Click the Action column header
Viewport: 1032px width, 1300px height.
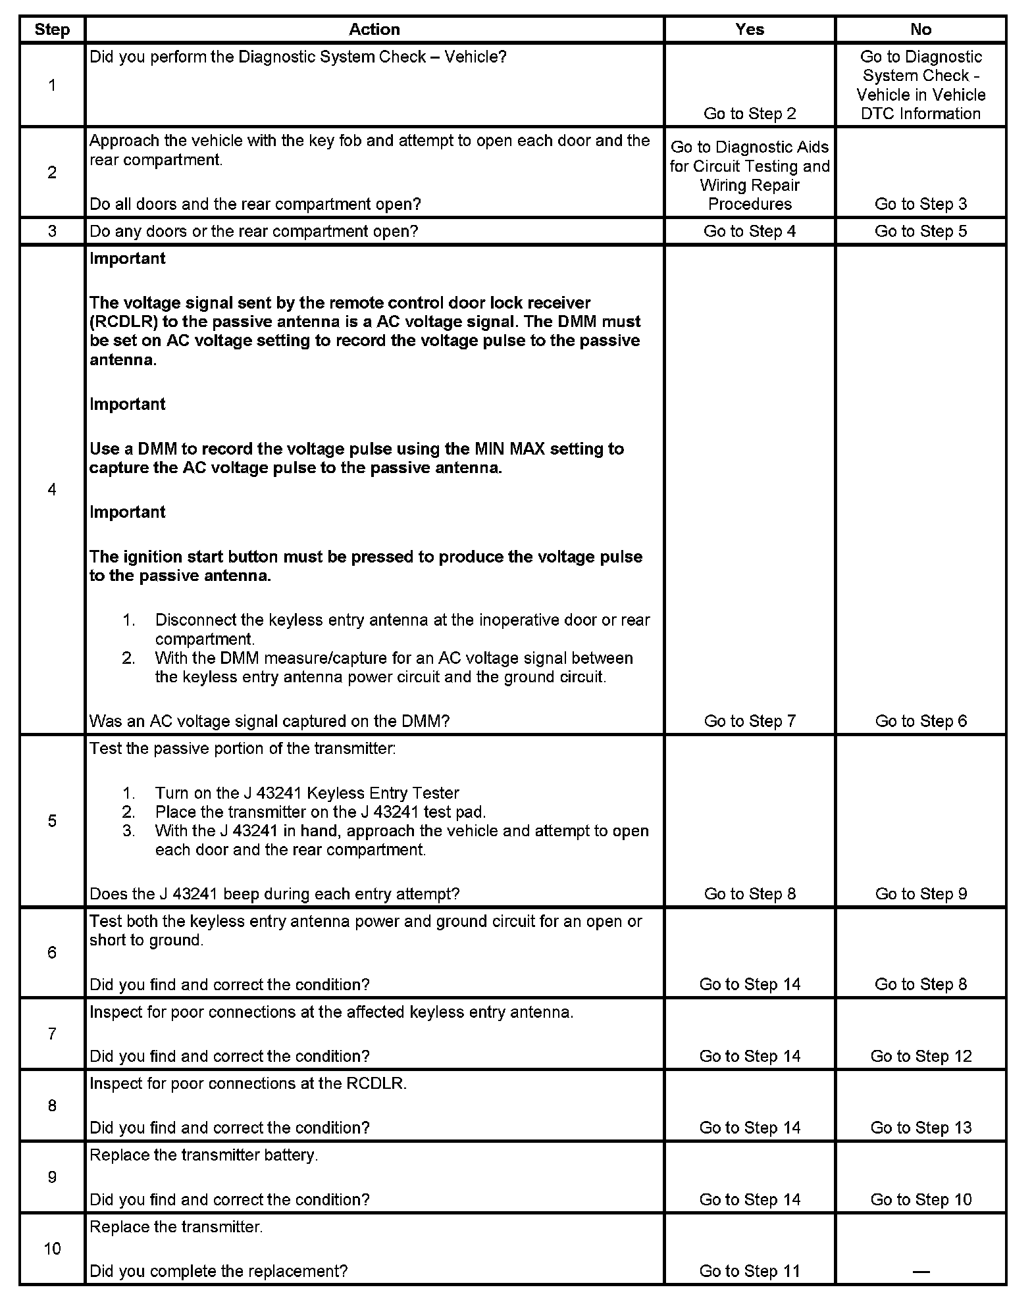pyautogui.click(x=374, y=30)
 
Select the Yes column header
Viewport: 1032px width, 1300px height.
pyautogui.click(x=750, y=30)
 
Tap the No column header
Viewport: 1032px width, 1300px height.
pyautogui.click(x=920, y=30)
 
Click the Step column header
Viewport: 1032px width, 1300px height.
pyautogui.click(x=52, y=30)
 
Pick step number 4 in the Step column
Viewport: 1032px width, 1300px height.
pyautogui.click(x=52, y=489)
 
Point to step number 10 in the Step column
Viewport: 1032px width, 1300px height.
pyautogui.click(x=52, y=1249)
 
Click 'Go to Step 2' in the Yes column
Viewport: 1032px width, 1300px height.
pyautogui.click(x=750, y=114)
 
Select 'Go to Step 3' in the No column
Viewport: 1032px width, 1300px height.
pyautogui.click(x=920, y=204)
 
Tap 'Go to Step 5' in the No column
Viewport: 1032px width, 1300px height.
pyautogui.click(x=920, y=231)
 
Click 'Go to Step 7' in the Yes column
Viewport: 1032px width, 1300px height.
pyautogui.click(x=750, y=721)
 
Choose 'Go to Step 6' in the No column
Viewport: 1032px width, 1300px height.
pyautogui.click(x=920, y=721)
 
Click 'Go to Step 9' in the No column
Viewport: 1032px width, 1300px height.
pyautogui.click(x=920, y=893)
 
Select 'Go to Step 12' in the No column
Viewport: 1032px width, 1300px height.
pyautogui.click(x=920, y=1056)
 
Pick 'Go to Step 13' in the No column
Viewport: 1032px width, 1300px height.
pyautogui.click(x=920, y=1128)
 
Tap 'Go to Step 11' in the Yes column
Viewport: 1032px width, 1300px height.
pyautogui.click(x=750, y=1271)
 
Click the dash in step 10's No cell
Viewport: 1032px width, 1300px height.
pyautogui.click(x=920, y=1272)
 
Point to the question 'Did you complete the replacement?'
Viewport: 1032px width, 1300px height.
pyautogui.click(x=219, y=1271)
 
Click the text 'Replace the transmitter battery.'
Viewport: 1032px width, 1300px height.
pyautogui.click(x=204, y=1155)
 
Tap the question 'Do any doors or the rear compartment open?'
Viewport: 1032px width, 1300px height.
pyautogui.click(x=253, y=231)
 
